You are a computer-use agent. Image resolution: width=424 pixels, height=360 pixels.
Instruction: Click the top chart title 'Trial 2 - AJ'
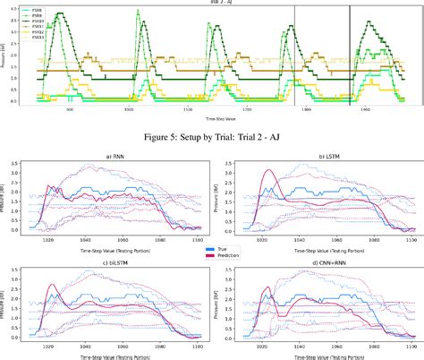pyautogui.click(x=212, y=3)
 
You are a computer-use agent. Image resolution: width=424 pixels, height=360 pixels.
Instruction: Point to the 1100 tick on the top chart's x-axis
pyautogui.click(x=190, y=109)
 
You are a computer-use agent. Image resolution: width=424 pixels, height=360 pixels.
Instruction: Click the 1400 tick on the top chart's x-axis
pyautogui.click(x=366, y=109)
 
